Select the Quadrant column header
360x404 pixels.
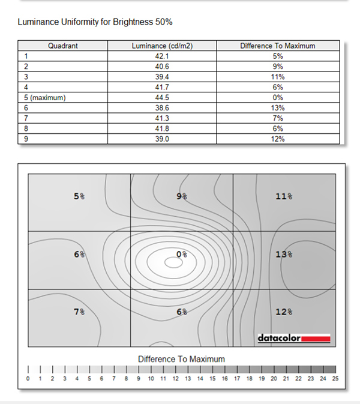[x=63, y=46]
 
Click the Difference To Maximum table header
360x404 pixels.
[x=277, y=46]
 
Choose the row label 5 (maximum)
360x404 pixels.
[x=44, y=97]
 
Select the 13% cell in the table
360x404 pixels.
[x=277, y=107]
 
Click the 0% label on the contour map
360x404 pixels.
[x=182, y=255]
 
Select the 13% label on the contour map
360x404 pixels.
[x=284, y=255]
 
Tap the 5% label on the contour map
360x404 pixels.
[x=79, y=196]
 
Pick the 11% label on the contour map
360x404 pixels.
[x=284, y=196]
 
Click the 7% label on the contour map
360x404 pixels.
[x=79, y=312]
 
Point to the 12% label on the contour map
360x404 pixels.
[x=284, y=312]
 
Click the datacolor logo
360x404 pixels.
[x=294, y=337]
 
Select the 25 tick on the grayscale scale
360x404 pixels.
[x=335, y=379]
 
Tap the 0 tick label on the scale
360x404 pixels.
[x=28, y=379]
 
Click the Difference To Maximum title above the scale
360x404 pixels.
[x=181, y=359]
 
